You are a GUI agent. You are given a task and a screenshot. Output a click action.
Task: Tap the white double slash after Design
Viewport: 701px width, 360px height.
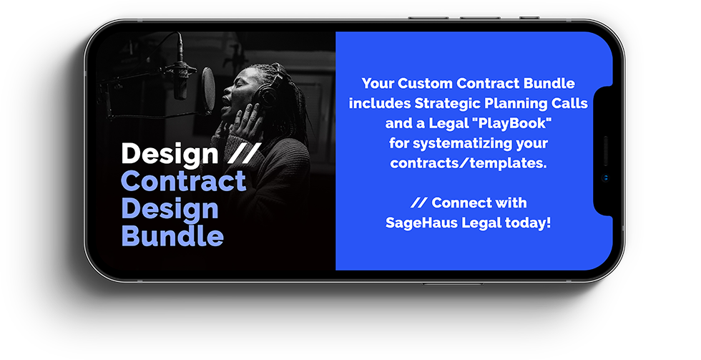244,152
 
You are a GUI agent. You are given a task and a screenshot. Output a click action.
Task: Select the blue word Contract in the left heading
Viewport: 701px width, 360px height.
183,181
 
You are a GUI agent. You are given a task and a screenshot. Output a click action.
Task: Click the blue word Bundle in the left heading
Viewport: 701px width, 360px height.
172,235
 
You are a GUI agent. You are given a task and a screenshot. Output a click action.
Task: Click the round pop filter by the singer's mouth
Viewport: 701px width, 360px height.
208,89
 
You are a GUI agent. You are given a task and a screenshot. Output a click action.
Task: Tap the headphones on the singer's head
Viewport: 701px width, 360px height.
266,89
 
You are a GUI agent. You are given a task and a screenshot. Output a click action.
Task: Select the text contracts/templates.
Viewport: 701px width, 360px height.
469,162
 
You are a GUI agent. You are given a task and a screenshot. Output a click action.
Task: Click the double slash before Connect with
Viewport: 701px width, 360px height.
419,203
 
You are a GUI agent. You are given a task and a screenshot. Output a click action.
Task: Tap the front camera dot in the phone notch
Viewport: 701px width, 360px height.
606,178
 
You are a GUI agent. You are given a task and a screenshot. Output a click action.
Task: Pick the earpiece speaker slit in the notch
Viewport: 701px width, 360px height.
606,151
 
